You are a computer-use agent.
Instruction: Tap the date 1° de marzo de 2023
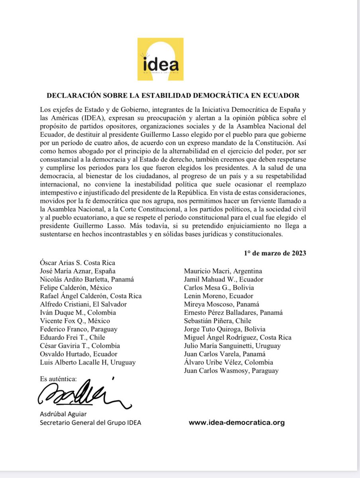tap(275, 253)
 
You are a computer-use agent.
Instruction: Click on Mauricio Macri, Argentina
tap(223, 271)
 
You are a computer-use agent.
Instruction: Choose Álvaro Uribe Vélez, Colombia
tap(228, 362)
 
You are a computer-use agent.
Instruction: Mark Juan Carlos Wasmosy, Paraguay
tap(231, 370)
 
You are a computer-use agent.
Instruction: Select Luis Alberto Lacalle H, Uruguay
tap(88, 362)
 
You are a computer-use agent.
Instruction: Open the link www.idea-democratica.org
tap(237, 423)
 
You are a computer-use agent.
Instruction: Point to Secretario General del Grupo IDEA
tap(90, 423)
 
